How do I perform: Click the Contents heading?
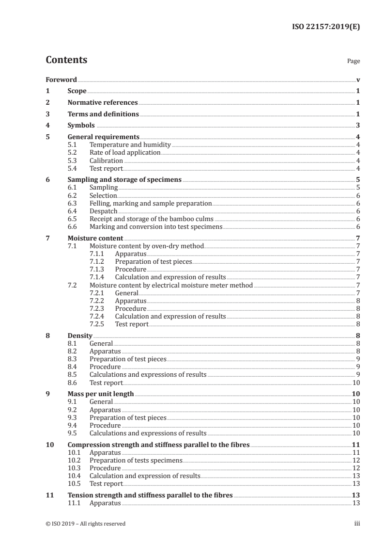(x=66, y=60)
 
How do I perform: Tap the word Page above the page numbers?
(x=353, y=62)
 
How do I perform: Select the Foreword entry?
(x=61, y=80)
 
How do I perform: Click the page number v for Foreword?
(x=358, y=80)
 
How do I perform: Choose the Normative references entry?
(x=103, y=103)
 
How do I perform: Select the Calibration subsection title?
(x=106, y=160)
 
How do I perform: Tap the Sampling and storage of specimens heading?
(x=124, y=179)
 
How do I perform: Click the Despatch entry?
(x=104, y=211)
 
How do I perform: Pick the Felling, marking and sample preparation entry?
(x=151, y=203)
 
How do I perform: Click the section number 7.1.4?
(x=98, y=277)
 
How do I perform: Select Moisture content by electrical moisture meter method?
(x=171, y=285)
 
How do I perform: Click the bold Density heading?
(x=79, y=335)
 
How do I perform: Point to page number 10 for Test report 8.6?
(x=356, y=383)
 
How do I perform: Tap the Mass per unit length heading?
(x=101, y=394)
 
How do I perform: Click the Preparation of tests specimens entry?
(x=136, y=460)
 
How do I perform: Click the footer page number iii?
(x=357, y=524)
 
